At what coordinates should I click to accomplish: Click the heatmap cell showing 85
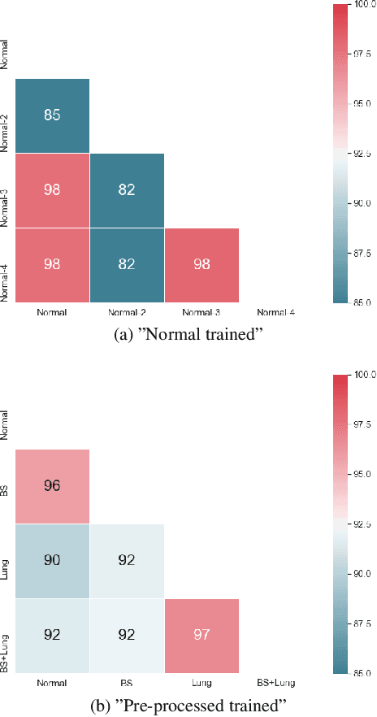click(52, 115)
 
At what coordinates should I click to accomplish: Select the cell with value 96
click(52, 486)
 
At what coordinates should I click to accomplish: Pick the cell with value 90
click(52, 561)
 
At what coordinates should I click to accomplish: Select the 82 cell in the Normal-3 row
click(127, 190)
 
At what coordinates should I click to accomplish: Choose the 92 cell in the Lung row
click(127, 561)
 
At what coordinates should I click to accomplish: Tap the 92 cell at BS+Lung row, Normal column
click(52, 635)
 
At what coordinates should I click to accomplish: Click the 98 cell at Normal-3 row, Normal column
click(52, 190)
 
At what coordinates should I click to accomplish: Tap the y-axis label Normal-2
click(6, 115)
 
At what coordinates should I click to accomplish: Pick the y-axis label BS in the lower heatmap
click(6, 486)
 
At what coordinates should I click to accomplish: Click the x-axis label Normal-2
click(127, 312)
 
